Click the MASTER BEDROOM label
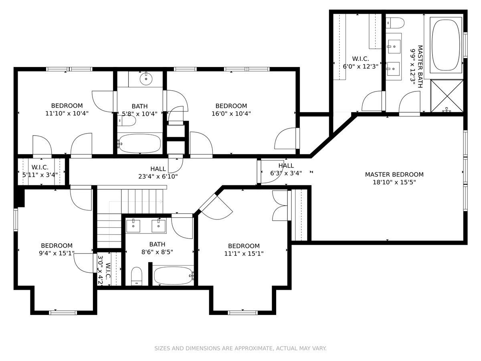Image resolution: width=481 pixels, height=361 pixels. (x=394, y=174)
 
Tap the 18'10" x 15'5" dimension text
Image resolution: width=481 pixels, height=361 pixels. (x=394, y=182)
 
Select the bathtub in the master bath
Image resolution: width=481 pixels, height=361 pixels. (x=446, y=45)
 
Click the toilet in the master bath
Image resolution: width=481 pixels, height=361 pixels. (x=395, y=23)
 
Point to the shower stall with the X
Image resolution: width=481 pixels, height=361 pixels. (x=447, y=96)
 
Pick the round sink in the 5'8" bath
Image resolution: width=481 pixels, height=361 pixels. (x=146, y=79)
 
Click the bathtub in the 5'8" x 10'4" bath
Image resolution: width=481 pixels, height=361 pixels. (x=139, y=144)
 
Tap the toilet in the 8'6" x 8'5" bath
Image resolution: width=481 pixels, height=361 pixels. (x=137, y=276)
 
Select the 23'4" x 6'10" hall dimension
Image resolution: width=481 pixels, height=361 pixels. (x=158, y=176)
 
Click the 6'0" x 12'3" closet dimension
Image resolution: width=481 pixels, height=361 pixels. (x=360, y=66)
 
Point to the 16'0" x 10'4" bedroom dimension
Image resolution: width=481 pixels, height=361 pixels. (x=231, y=114)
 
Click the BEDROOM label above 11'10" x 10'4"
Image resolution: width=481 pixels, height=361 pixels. (x=67, y=105)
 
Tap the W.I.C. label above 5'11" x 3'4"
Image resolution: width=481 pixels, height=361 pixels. (x=40, y=167)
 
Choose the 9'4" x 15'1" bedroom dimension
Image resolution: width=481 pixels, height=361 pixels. (x=57, y=253)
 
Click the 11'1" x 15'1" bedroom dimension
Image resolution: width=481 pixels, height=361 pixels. (x=244, y=254)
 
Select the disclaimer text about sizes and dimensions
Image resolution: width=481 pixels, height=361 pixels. (x=240, y=348)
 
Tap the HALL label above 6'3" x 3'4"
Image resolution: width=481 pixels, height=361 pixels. (x=286, y=166)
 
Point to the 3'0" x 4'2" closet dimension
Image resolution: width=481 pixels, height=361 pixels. (x=100, y=270)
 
